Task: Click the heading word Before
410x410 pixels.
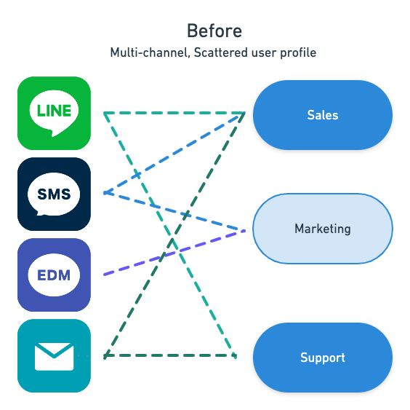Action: (x=214, y=31)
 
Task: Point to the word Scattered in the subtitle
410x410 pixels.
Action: (x=221, y=52)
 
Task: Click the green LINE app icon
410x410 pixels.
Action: (x=54, y=113)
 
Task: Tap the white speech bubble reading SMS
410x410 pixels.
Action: (x=54, y=194)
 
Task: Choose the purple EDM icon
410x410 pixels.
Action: (x=54, y=275)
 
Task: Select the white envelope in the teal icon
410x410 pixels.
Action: (x=54, y=357)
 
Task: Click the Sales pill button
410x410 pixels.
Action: (x=323, y=115)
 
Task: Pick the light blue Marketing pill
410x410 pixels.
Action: (x=323, y=229)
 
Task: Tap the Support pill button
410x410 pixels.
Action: (x=323, y=358)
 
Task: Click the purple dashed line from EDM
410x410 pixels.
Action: (x=174, y=253)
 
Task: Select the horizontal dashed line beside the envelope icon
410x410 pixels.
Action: (x=170, y=355)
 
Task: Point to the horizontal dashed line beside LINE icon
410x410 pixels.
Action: (x=174, y=113)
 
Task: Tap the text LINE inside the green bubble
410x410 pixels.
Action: (x=54, y=111)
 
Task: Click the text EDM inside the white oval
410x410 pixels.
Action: (x=54, y=275)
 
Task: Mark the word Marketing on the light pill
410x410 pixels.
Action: (x=323, y=229)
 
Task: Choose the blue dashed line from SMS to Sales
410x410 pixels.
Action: (x=174, y=153)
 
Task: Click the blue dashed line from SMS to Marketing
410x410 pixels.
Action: (x=174, y=212)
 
